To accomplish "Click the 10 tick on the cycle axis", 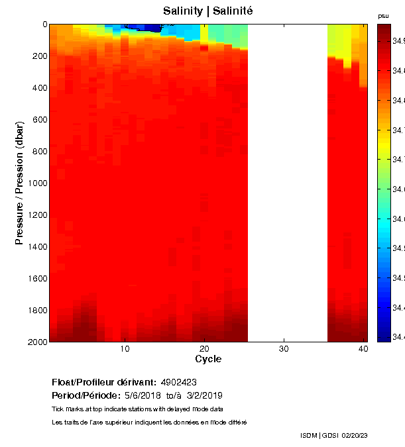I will [x=125, y=348].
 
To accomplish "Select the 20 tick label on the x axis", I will [x=204, y=348].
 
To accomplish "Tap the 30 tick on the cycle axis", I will [x=284, y=348].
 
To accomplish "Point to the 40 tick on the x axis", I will [x=363, y=348].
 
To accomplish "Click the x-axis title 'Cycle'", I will [x=208, y=359].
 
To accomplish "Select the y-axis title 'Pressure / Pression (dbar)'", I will [x=19, y=183].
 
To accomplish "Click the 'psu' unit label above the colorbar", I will [x=383, y=16].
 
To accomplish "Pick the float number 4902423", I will [x=178, y=383].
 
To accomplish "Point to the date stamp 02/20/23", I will [x=373, y=435].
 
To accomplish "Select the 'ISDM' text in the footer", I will [x=309, y=435].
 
